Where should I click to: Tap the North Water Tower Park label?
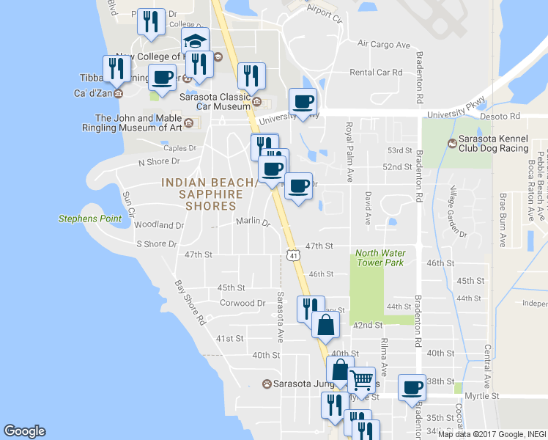(379, 258)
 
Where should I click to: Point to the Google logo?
(24, 431)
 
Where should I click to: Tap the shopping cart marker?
(361, 380)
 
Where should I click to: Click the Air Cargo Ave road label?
(384, 45)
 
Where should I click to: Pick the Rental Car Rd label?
(377, 72)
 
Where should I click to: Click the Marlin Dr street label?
(253, 221)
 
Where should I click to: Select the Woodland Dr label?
(159, 225)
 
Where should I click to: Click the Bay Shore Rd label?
(190, 302)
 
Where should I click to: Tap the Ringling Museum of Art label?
(138, 122)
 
